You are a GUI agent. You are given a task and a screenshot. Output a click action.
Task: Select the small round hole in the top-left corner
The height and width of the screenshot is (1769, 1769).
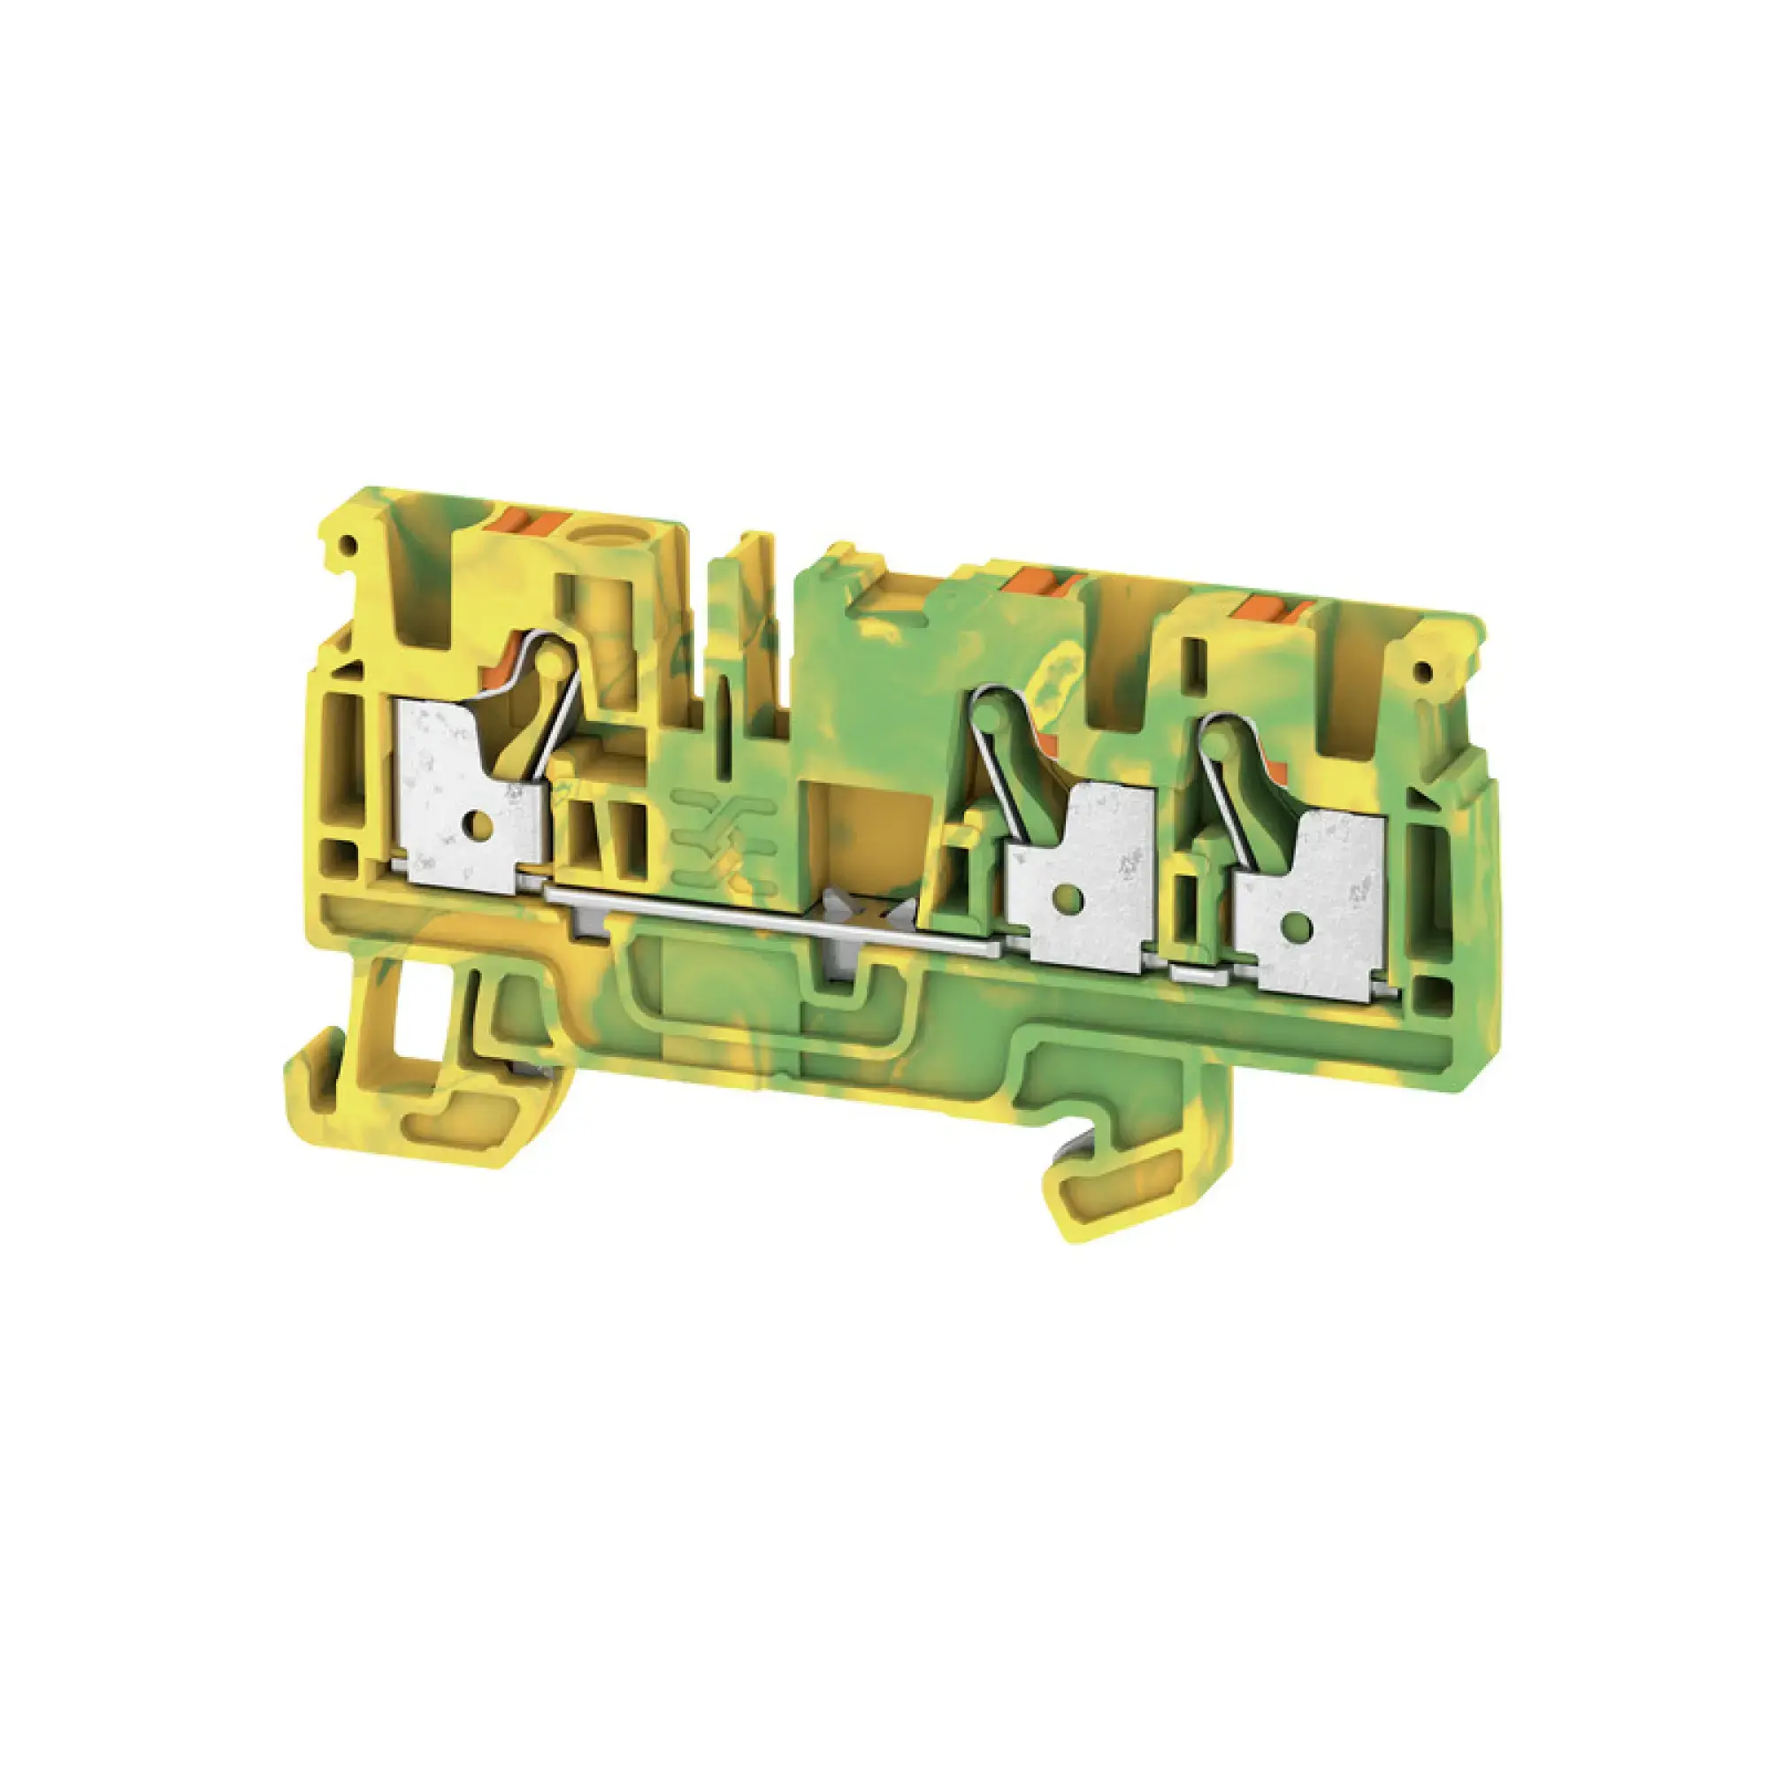coord(348,546)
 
